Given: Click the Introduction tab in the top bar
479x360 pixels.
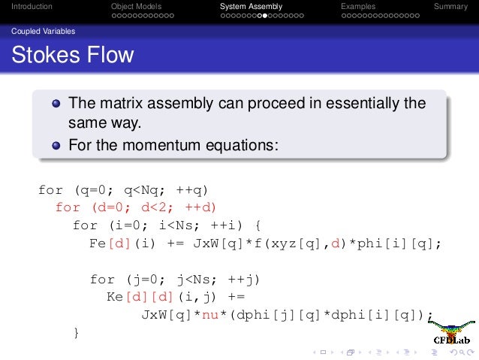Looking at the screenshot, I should (x=26, y=7).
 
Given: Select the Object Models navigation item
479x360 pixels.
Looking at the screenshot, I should (x=136, y=7).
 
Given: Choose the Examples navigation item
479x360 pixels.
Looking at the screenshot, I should (x=357, y=7).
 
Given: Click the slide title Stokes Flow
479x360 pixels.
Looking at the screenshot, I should (x=72, y=56).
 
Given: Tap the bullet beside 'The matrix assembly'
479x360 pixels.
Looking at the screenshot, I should (x=56, y=104).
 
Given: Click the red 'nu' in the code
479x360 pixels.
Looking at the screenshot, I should (x=203, y=315).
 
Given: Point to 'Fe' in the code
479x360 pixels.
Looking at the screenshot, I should (x=98, y=244).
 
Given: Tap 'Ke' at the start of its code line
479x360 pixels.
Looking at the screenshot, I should (x=116, y=297).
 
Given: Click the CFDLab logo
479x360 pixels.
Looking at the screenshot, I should (x=452, y=332).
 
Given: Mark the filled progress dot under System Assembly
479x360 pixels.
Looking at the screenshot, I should (x=259, y=15).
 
